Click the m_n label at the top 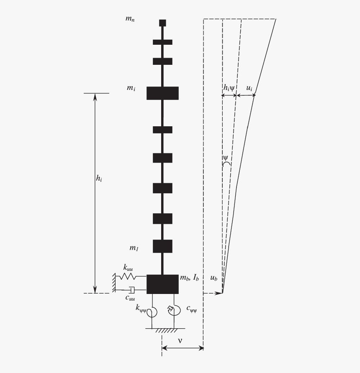click(130, 19)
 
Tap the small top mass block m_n click(162, 23)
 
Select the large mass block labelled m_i click(162, 93)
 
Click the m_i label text click(131, 89)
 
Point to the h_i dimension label click(99, 178)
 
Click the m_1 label click(134, 248)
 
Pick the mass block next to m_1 click(162, 246)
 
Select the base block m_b click(162, 284)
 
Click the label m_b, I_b click(189, 278)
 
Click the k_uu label click(128, 267)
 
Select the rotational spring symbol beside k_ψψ click(152, 312)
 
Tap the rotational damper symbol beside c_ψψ click(173, 310)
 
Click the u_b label click(213, 278)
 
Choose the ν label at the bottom click(180, 340)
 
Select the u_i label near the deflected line click(249, 88)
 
